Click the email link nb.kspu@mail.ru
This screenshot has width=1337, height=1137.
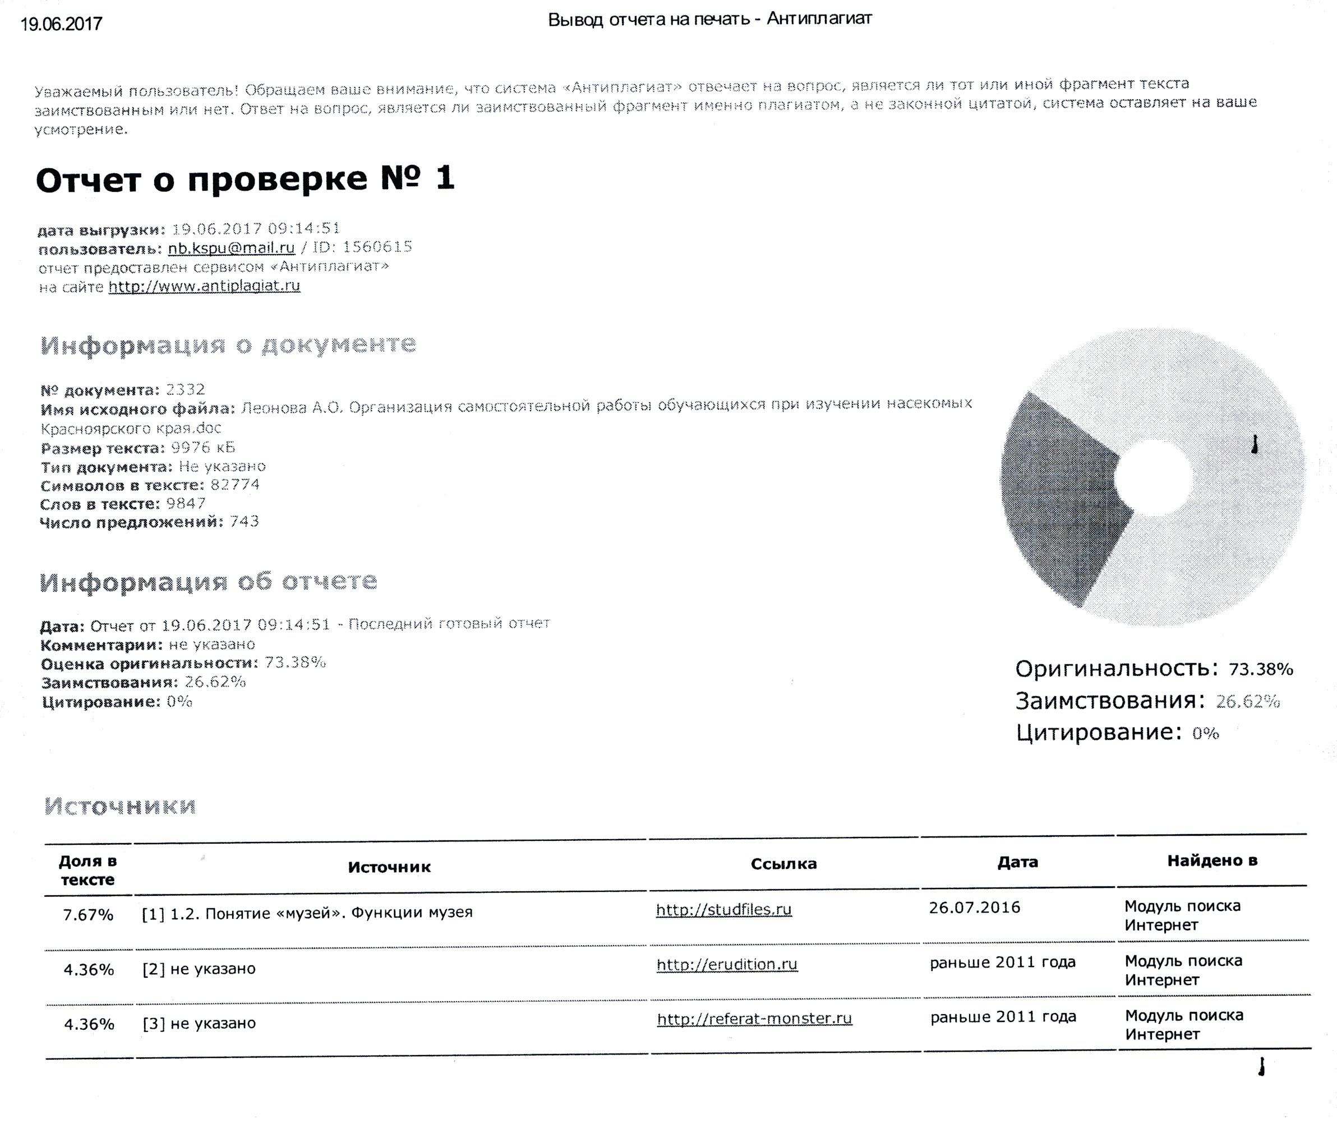point(231,247)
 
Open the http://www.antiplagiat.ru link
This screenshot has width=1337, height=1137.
point(204,286)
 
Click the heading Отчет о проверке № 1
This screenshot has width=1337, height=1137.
point(245,178)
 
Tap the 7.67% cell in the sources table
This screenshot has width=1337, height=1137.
point(87,915)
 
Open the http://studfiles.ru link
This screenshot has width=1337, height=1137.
point(723,909)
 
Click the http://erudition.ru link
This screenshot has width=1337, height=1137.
point(727,964)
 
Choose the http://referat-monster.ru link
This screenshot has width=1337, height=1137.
point(754,1019)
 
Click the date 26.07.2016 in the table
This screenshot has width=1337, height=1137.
point(974,908)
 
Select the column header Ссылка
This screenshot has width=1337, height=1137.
point(783,864)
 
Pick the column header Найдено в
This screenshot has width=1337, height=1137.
point(1212,860)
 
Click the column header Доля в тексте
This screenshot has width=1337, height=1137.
point(87,870)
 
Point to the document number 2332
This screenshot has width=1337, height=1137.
point(186,389)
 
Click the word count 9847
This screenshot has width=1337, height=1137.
point(186,503)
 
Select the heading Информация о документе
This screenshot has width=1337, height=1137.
point(228,344)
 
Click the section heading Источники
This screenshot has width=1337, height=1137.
point(120,805)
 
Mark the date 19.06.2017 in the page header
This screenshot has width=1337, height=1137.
point(61,25)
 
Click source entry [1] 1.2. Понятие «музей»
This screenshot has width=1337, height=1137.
point(307,913)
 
